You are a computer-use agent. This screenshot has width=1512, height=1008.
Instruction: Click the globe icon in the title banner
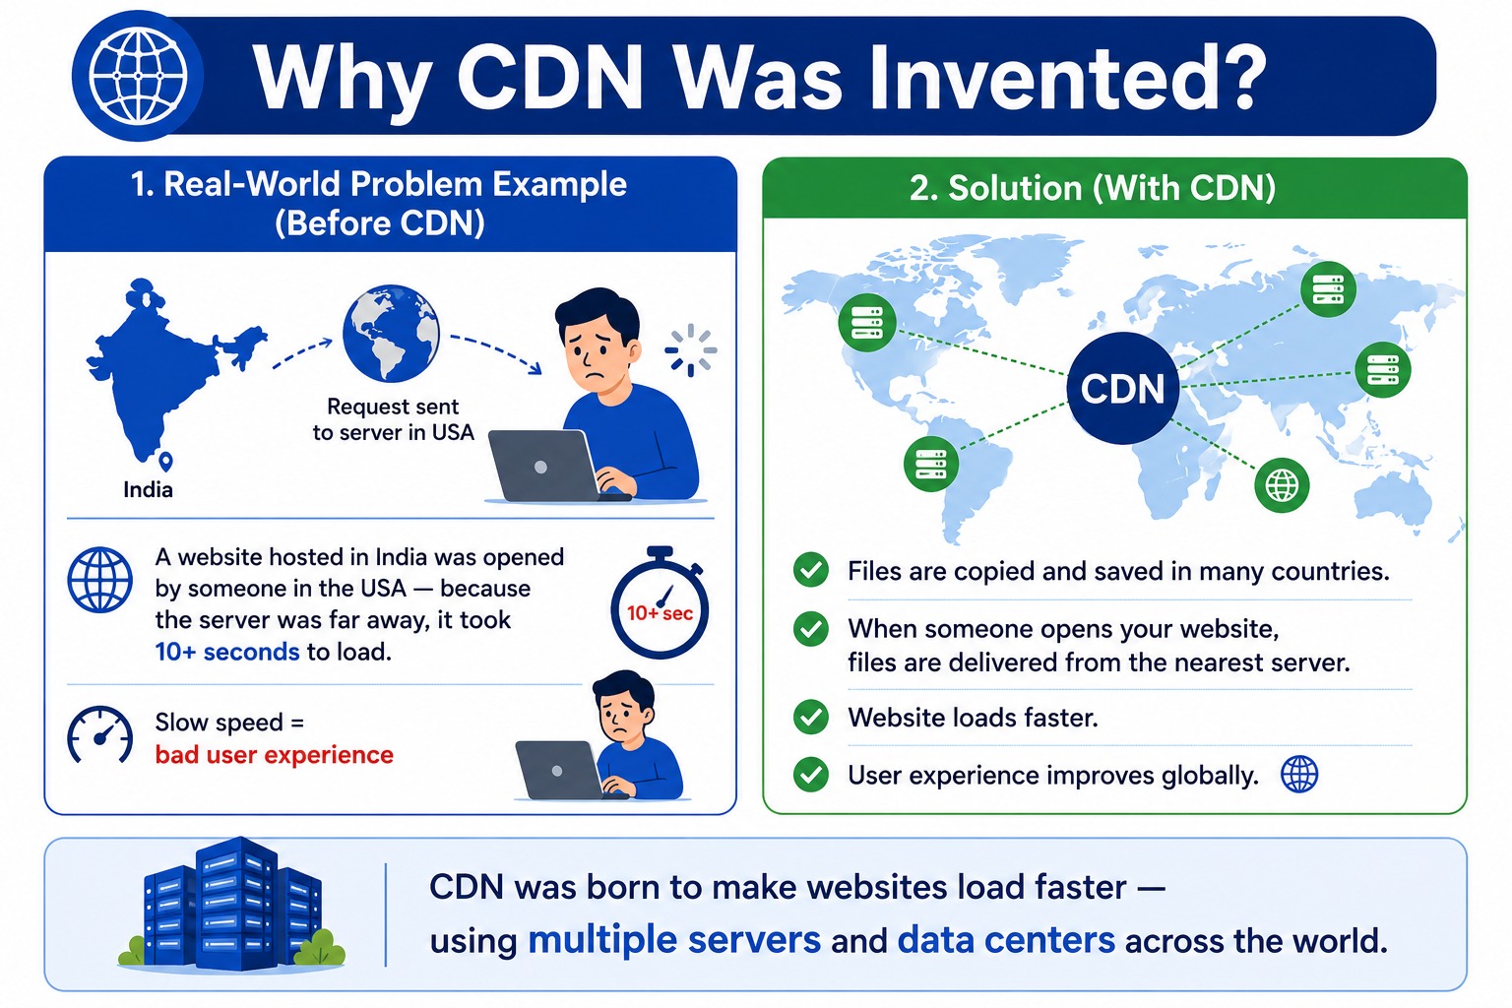coord(138,76)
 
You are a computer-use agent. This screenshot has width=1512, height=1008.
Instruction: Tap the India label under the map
coord(148,489)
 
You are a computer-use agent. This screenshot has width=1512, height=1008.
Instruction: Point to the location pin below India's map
coord(165,461)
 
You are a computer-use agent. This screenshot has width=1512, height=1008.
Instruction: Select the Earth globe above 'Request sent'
coord(391,334)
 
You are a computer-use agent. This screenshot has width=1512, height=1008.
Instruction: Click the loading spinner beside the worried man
coord(690,349)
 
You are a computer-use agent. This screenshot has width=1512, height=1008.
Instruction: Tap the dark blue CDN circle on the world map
coord(1122,388)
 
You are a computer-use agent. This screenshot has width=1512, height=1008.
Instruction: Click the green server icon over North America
coord(867,323)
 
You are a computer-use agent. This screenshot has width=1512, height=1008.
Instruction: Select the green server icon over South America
coord(931,464)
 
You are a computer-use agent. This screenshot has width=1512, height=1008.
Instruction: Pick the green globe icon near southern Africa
coord(1282,484)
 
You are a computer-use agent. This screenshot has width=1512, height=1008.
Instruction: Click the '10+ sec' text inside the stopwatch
coord(660,613)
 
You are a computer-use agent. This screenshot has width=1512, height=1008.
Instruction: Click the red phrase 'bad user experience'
coord(274,754)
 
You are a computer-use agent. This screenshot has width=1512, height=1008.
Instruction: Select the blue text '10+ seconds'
coord(227,652)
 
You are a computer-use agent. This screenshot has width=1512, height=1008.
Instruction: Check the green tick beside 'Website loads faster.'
coord(811,717)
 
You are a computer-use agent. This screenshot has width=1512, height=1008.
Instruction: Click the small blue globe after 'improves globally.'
coord(1299,775)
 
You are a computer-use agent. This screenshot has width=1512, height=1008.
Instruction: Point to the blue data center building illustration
coord(231,904)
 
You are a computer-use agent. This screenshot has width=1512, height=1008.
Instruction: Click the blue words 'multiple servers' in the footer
coord(674,940)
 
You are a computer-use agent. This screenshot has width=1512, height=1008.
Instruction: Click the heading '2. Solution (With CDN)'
coord(1093,188)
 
